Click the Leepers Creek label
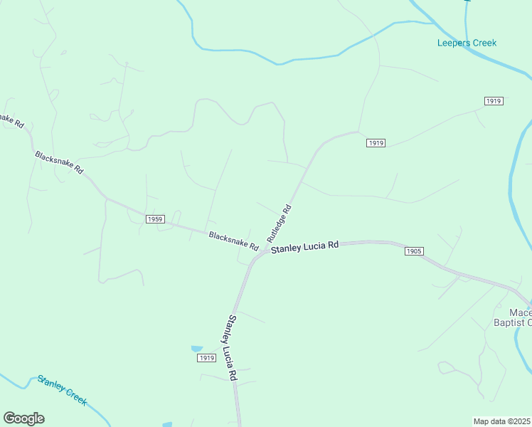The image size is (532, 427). pyautogui.click(x=467, y=43)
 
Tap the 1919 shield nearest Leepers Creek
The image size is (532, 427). pyautogui.click(x=494, y=101)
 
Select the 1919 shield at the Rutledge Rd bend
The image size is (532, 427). pyautogui.click(x=376, y=143)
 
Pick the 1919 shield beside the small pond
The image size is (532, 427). pyautogui.click(x=207, y=358)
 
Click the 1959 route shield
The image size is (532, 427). pyautogui.click(x=156, y=219)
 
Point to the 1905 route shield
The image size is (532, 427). pyautogui.click(x=415, y=251)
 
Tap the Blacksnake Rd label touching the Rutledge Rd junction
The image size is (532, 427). pyautogui.click(x=233, y=240)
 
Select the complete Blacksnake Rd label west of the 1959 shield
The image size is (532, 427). pyautogui.click(x=59, y=162)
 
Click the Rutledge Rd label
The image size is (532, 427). pyautogui.click(x=280, y=222)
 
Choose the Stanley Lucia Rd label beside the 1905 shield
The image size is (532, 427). pyautogui.click(x=304, y=246)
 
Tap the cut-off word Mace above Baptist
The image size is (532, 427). pyautogui.click(x=521, y=312)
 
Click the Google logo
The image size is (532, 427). pyautogui.click(x=23, y=418)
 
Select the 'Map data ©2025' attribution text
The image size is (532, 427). pyautogui.click(x=502, y=421)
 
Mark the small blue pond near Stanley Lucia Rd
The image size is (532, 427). pyautogui.click(x=196, y=349)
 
